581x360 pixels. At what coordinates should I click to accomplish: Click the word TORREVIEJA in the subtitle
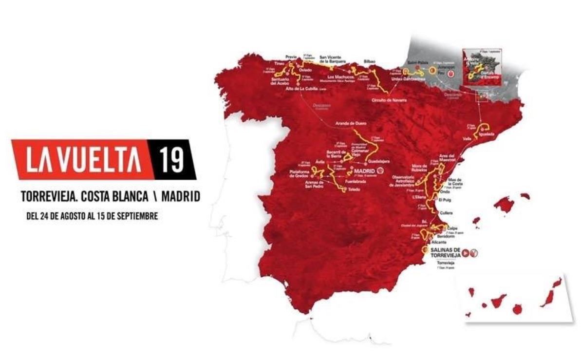49,196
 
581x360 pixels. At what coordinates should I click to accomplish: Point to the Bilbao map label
370,62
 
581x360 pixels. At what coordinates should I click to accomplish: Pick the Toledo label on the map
354,190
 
